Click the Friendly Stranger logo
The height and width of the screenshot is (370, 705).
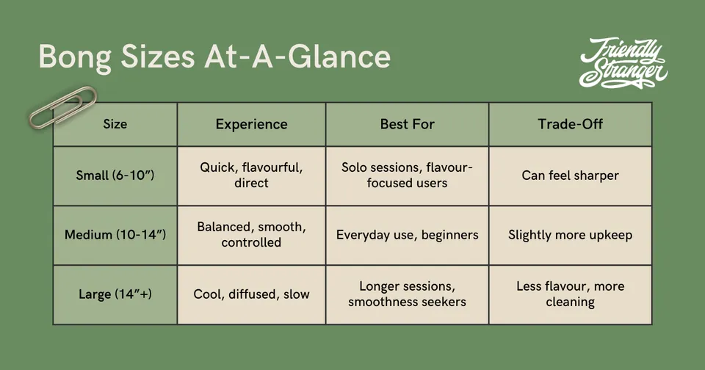(x=623, y=63)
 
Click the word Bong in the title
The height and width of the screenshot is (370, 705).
(x=75, y=57)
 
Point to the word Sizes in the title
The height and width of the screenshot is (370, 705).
(x=157, y=57)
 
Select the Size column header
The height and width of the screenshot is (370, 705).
(x=115, y=124)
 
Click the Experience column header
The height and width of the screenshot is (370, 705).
(x=251, y=124)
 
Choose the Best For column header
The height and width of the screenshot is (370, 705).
(x=408, y=124)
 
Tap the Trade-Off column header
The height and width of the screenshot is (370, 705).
(x=570, y=124)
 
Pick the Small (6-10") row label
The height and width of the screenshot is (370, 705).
(x=115, y=175)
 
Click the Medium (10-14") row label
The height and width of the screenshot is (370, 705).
(x=115, y=235)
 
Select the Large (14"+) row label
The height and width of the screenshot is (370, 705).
(x=115, y=294)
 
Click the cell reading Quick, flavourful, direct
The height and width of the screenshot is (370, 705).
(x=251, y=175)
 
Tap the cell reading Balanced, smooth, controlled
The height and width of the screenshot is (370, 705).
(x=251, y=235)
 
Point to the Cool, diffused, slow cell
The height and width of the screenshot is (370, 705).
(x=251, y=294)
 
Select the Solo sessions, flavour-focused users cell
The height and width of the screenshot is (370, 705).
(x=407, y=175)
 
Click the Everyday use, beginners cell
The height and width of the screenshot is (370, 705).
(x=408, y=235)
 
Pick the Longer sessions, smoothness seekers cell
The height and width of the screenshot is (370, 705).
(x=408, y=294)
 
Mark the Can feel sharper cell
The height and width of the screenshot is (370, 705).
(x=570, y=175)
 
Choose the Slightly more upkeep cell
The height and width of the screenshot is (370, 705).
(x=570, y=235)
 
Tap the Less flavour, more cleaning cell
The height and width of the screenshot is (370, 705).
(x=570, y=294)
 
